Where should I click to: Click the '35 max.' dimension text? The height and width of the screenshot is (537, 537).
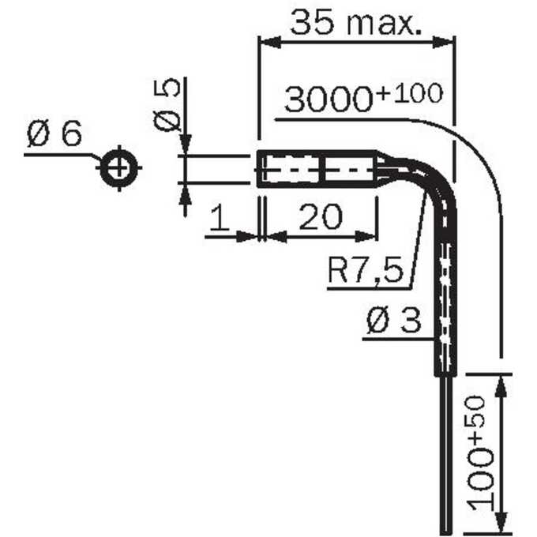(x=356, y=23)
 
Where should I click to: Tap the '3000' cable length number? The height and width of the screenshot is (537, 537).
(x=328, y=100)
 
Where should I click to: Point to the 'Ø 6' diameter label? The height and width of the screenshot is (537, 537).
(x=54, y=133)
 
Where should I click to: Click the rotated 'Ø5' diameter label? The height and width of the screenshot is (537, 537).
(x=167, y=105)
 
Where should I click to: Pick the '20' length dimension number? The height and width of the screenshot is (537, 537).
(x=321, y=216)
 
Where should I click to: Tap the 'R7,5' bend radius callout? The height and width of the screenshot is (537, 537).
(x=366, y=269)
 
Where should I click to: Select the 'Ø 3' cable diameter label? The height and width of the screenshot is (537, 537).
(x=393, y=320)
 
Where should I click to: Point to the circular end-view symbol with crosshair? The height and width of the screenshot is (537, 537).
(x=118, y=167)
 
